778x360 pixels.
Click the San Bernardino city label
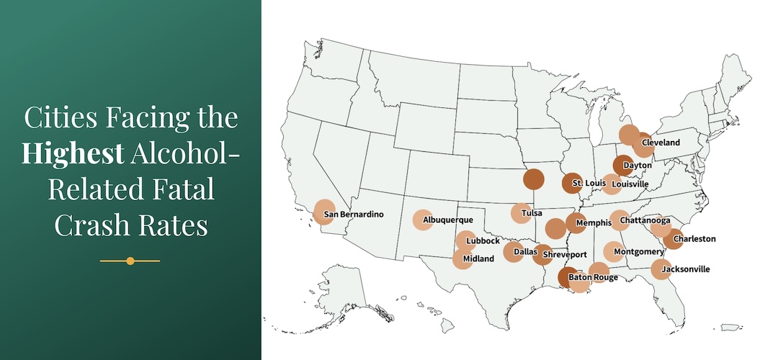(354, 215)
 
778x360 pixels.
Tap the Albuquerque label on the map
(448, 220)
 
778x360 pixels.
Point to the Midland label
(478, 258)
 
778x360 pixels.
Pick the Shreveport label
(565, 255)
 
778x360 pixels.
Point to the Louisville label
(630, 184)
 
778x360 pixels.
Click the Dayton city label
(638, 166)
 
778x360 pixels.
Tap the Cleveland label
(661, 143)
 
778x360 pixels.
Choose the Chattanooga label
(648, 220)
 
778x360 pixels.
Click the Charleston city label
(694, 239)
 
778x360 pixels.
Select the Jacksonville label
(685, 269)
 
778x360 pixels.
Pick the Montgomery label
(639, 252)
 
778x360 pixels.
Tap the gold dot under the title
(130, 261)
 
